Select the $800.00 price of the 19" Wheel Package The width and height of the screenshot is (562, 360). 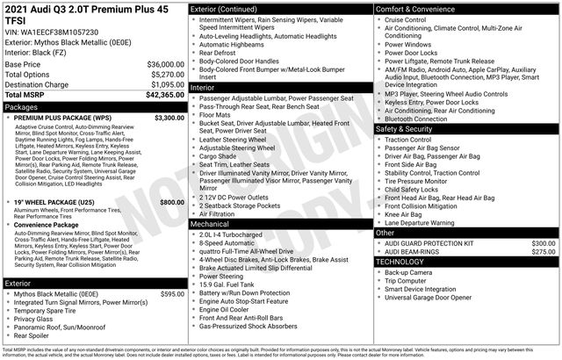click(x=171, y=203)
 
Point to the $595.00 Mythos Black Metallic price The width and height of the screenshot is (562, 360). click(x=171, y=294)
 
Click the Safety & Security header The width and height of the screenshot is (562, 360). click(x=404, y=129)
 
